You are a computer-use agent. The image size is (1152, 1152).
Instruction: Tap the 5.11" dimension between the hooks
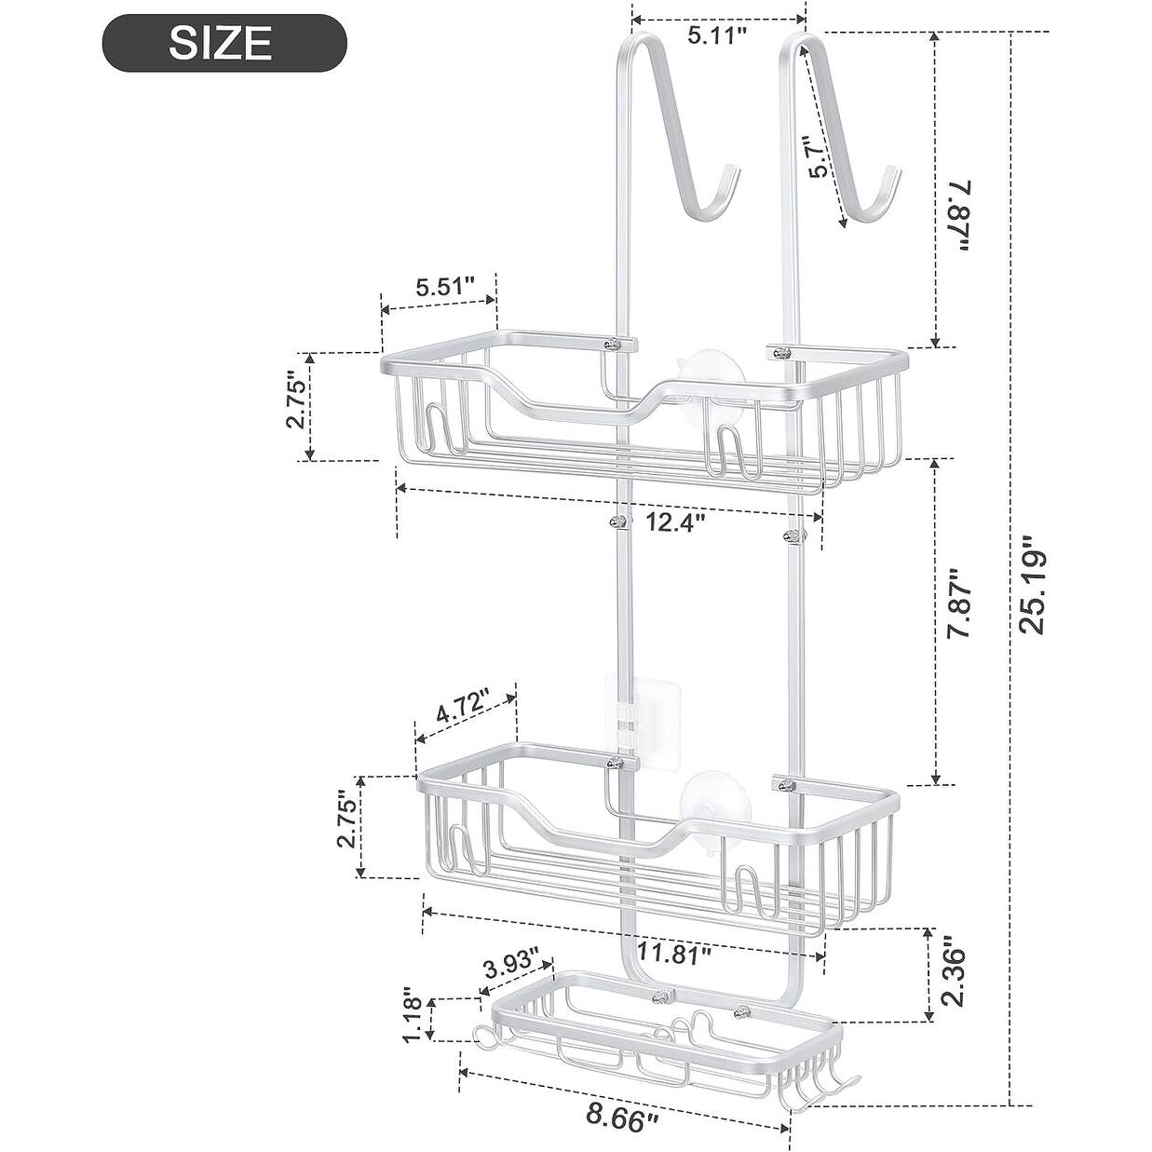click(718, 36)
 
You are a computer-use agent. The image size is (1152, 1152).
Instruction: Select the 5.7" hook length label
click(818, 156)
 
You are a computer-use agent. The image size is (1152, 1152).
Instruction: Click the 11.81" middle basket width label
click(675, 952)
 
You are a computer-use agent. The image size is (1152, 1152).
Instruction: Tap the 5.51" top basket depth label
click(445, 287)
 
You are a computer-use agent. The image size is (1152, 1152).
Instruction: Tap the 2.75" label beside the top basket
click(295, 402)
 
